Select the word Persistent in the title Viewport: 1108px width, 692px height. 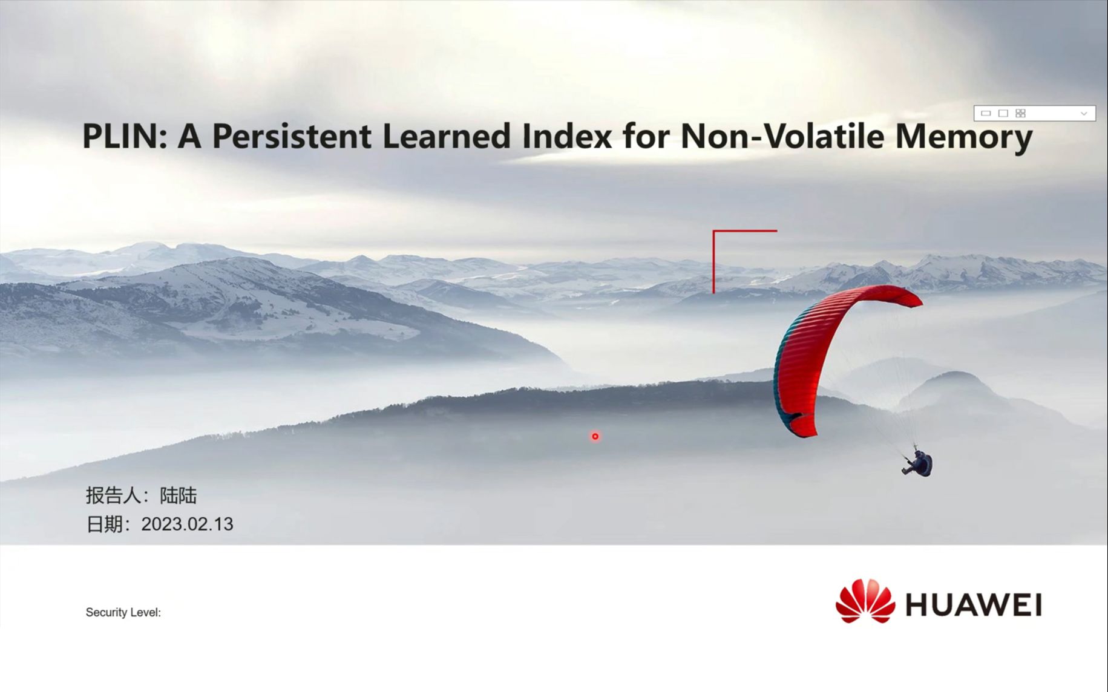point(292,135)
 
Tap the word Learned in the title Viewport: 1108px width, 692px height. point(447,135)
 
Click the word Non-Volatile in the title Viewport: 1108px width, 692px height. point(782,135)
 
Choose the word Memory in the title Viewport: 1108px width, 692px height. point(963,138)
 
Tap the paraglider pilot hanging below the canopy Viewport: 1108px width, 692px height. point(919,463)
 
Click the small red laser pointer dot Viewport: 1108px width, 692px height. point(595,436)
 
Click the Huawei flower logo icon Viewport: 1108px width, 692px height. point(865,601)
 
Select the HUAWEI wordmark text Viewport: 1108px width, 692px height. point(973,605)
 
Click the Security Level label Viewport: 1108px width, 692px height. point(123,612)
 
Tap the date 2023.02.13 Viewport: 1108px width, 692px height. point(187,524)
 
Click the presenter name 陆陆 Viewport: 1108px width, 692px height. point(179,495)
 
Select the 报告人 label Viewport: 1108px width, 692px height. point(114,495)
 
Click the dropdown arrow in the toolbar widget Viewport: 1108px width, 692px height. point(1084,113)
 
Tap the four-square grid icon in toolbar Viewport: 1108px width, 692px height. point(1021,113)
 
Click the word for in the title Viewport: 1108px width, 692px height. point(646,135)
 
